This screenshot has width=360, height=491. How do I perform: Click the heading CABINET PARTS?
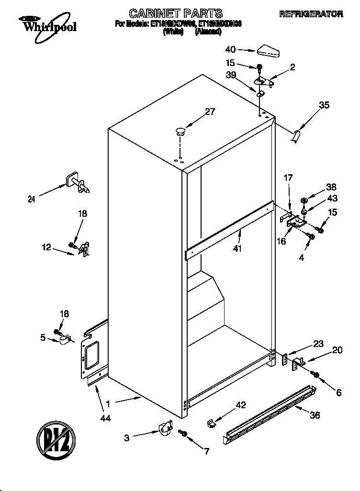point(176,13)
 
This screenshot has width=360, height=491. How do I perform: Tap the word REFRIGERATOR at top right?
point(311,14)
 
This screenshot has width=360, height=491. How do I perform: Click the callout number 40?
point(231,49)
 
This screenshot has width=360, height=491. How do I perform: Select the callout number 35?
point(324,106)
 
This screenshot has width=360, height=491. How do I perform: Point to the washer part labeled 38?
point(304,200)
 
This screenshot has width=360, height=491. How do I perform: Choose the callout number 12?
point(46,247)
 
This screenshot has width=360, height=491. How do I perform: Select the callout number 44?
point(105,418)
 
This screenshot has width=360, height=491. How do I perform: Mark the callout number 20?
point(337,350)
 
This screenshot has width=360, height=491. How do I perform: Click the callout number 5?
point(43,338)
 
